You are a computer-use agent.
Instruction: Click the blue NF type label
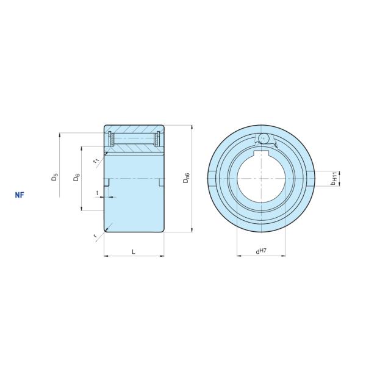20,196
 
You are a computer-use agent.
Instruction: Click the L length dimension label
133,251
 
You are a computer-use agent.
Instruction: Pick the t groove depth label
98,192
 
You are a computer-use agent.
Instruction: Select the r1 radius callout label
96,160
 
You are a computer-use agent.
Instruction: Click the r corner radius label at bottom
95,235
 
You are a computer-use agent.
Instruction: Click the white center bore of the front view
262,180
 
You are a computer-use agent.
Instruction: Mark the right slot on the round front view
312,178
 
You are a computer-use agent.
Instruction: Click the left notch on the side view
107,182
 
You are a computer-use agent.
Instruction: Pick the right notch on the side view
161,182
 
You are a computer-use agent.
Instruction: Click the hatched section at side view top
134,129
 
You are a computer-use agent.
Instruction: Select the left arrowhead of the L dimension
107,256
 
